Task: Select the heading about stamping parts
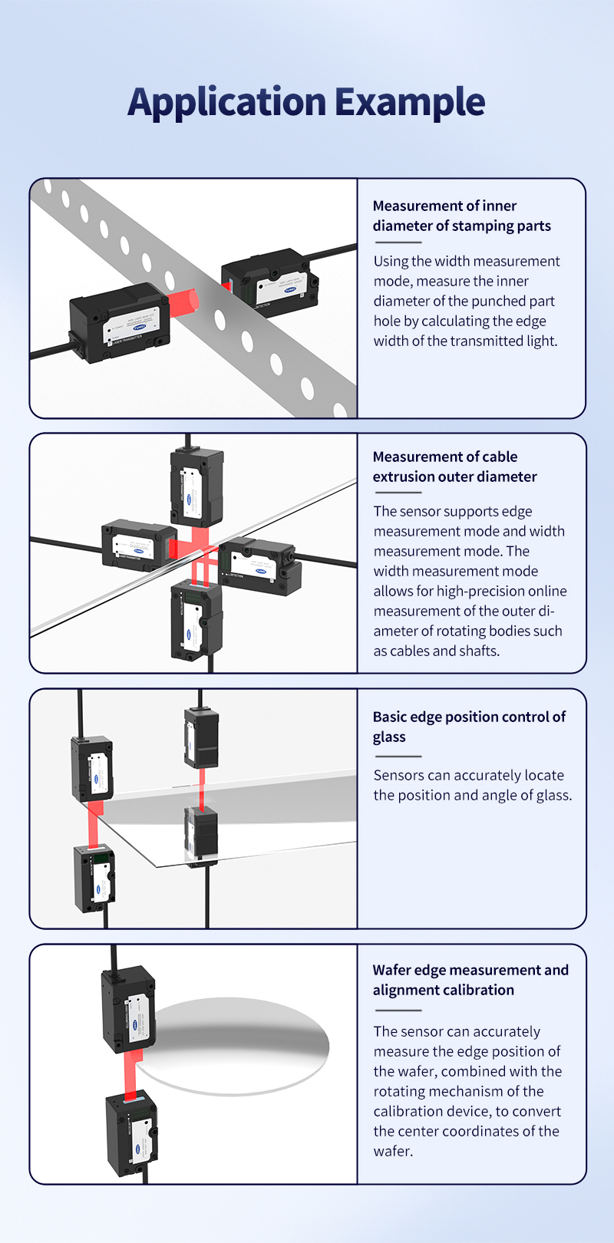461,216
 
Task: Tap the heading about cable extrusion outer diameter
454,467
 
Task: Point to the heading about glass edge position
469,726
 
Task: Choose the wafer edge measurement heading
470,980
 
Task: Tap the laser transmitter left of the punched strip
119,322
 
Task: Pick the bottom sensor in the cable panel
196,618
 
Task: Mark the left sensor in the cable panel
138,544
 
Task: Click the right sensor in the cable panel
261,567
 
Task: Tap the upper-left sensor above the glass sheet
92,769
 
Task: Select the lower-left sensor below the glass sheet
94,877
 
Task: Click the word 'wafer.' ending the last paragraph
393,1151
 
